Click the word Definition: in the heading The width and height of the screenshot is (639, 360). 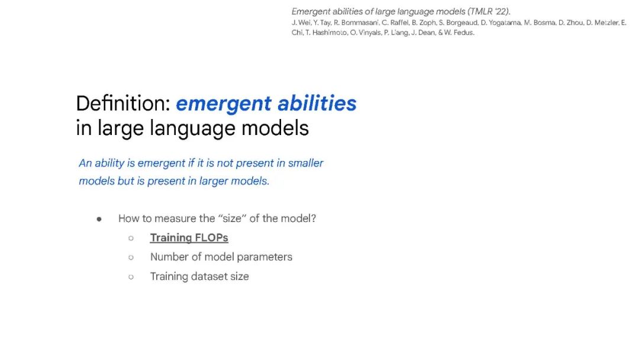tap(123, 103)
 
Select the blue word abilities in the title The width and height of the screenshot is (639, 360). tap(317, 103)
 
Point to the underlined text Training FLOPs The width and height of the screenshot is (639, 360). tap(189, 237)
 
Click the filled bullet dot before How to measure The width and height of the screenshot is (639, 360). tap(99, 219)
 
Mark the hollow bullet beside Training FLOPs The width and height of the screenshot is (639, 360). tap(131, 238)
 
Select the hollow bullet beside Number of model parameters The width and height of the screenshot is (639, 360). tap(131, 257)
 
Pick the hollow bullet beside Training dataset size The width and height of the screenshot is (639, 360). tap(131, 277)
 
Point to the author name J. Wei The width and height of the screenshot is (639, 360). tap(301, 23)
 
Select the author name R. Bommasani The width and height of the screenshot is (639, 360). tap(357, 23)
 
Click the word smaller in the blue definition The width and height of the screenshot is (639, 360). tap(306, 163)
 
